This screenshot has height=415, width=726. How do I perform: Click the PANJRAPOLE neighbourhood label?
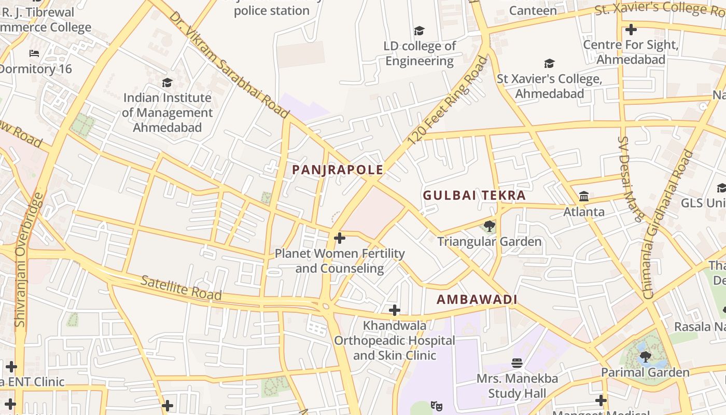(x=338, y=170)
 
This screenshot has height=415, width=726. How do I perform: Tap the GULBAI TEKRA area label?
(x=474, y=196)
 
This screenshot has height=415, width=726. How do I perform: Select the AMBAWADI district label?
(x=477, y=299)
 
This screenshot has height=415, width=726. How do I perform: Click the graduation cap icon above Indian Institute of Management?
(x=167, y=82)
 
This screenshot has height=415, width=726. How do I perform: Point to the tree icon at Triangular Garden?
(x=488, y=226)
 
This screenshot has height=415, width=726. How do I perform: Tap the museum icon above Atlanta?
(x=584, y=196)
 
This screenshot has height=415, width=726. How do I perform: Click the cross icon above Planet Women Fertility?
(x=340, y=238)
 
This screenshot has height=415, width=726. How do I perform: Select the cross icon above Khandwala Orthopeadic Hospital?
(x=395, y=310)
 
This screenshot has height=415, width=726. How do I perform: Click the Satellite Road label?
(x=181, y=288)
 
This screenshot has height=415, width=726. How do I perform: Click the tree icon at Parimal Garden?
(x=645, y=356)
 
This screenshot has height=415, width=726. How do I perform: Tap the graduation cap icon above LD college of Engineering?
(x=419, y=31)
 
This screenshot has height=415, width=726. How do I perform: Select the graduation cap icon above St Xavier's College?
(x=549, y=64)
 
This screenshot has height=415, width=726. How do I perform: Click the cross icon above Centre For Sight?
(x=631, y=30)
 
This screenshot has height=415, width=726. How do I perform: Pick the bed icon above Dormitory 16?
(x=34, y=53)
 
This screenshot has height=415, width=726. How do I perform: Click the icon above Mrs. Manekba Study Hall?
(x=517, y=363)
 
